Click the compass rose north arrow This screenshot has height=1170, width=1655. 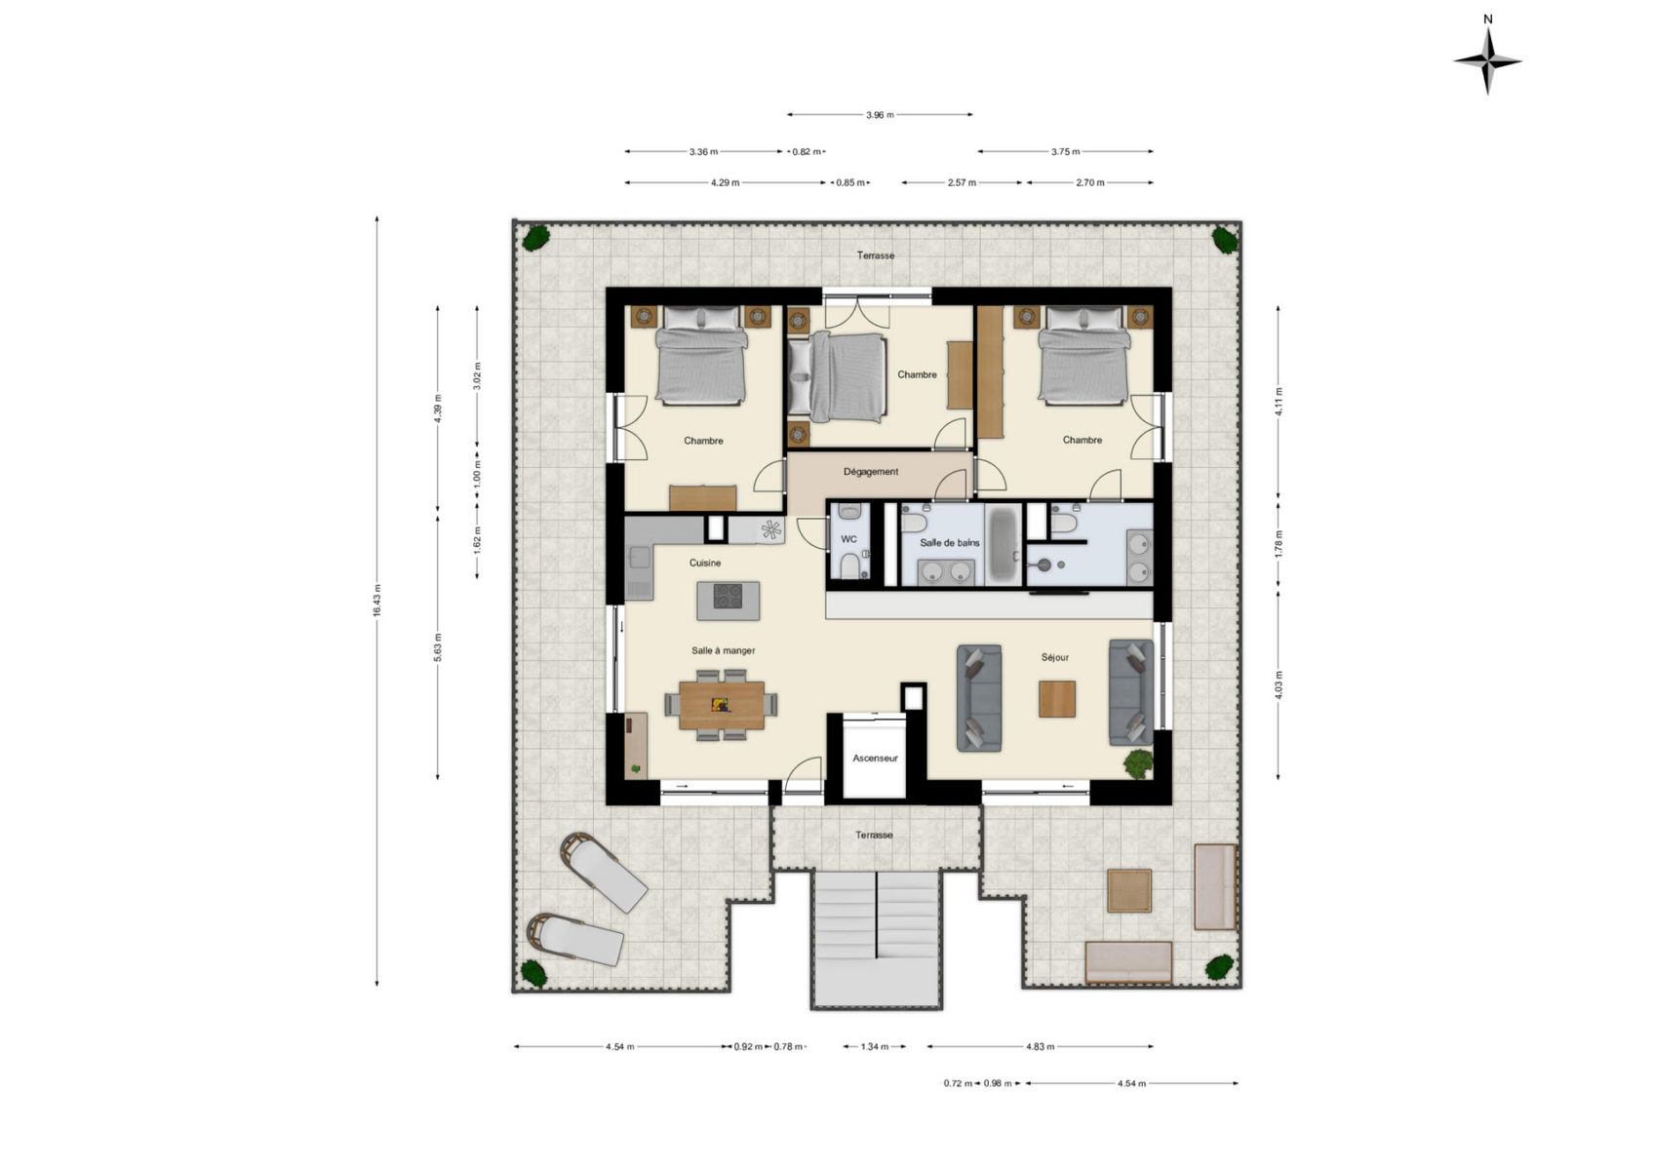pos(1487,61)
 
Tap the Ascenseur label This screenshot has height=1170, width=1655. pos(875,758)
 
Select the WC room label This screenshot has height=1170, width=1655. pos(848,539)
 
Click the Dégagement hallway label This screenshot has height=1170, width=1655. pos(870,471)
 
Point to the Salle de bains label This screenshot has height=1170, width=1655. pos(950,542)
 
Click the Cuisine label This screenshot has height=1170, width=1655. pos(705,563)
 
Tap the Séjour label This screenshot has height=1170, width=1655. pos(1054,657)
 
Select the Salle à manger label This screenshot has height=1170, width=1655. pos(723,650)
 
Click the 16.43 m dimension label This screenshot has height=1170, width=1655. pos(376,601)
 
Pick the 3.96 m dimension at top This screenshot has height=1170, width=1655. pos(880,114)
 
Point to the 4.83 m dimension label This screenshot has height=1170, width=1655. pos(1040,1046)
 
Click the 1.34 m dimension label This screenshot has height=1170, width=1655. pos(874,1046)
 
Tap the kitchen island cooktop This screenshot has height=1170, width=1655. pos(728,596)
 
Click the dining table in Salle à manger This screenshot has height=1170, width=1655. pos(722,705)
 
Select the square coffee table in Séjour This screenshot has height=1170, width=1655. pos(1056,699)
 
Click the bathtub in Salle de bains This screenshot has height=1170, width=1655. pos(1003,544)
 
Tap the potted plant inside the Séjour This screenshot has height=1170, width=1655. pos(1138,763)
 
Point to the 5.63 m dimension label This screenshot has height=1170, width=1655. pos(437,647)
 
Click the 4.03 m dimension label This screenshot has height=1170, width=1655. pos(1279,684)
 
